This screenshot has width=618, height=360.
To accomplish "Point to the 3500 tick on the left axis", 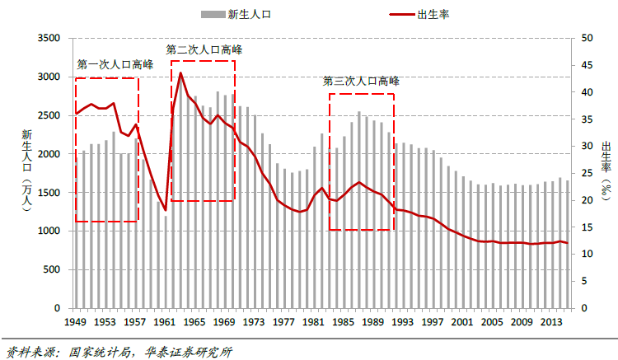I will point(50,39).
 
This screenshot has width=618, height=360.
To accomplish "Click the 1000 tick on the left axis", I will point(50,231).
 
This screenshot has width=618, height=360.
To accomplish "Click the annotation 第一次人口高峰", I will point(115,64).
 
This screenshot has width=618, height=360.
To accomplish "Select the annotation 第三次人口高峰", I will point(361,81).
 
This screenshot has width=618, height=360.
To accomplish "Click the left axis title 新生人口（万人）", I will point(26,172).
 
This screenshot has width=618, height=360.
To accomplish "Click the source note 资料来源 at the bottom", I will point(115,352).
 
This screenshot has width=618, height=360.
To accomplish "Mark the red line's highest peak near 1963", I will point(180,72).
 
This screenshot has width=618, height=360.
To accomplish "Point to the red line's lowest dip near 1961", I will point(166,210).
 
